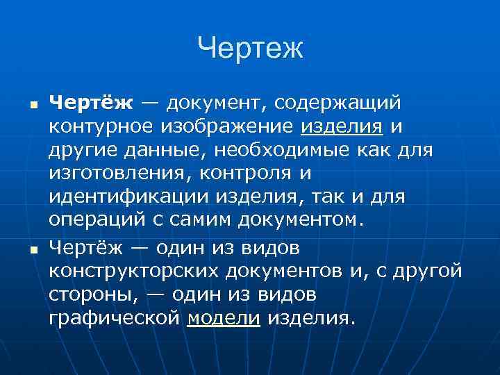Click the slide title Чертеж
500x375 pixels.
[250, 49]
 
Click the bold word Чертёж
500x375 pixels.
[90, 103]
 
